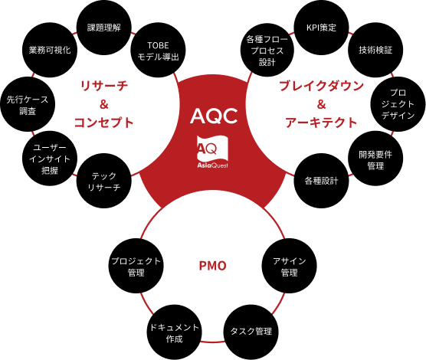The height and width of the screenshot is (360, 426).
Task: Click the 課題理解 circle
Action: [104, 28]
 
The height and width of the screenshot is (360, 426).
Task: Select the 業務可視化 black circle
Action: [50, 50]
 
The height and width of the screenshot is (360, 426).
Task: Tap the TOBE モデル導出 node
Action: [158, 50]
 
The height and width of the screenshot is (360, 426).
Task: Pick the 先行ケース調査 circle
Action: [28, 104]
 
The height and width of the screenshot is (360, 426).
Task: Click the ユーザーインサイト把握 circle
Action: [50, 159]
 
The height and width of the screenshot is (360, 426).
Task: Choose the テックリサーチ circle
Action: [104, 181]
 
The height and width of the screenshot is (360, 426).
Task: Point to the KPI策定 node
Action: [321, 28]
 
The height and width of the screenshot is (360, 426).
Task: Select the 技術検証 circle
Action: [375, 50]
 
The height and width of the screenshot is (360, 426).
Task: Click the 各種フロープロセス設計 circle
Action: [267, 51]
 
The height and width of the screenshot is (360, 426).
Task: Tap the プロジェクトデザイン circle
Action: [398, 104]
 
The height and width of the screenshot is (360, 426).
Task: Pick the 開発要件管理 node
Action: [375, 159]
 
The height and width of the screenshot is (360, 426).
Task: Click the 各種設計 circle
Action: [321, 181]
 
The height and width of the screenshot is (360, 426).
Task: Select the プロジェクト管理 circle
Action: [136, 266]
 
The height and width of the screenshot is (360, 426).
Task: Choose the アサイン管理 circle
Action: [290, 266]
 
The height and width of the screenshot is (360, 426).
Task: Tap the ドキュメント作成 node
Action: [175, 332]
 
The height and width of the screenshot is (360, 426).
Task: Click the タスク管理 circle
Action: [251, 332]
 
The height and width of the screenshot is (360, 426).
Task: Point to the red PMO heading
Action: [213, 266]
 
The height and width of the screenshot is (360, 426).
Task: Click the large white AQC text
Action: [214, 116]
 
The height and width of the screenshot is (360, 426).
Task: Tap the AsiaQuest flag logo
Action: [213, 152]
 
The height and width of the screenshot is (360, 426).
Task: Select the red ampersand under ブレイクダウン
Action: [321, 104]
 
